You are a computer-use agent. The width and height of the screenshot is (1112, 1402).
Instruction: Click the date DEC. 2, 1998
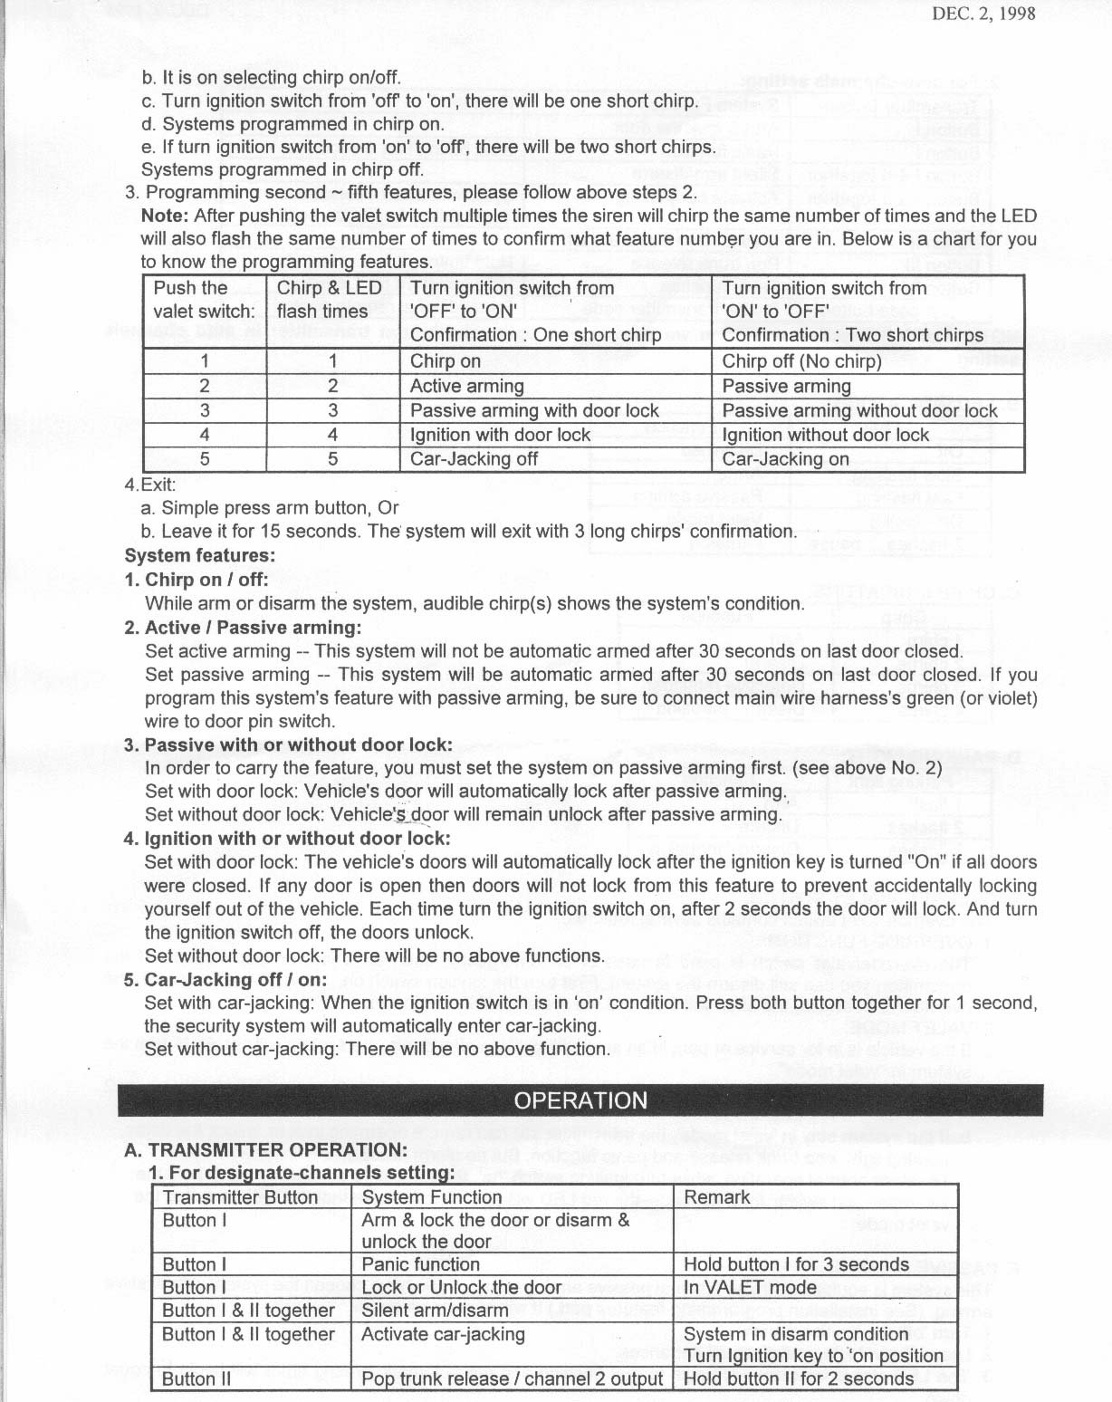click(983, 14)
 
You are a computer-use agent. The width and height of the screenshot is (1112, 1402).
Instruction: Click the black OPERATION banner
click(580, 1100)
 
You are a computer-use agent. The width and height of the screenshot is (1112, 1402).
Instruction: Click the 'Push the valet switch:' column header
click(204, 300)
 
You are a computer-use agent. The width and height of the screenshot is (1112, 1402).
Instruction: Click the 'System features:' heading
click(199, 555)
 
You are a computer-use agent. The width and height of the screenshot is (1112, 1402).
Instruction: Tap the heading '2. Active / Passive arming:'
click(242, 627)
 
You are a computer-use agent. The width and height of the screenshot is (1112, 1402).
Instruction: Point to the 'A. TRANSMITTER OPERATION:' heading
click(265, 1150)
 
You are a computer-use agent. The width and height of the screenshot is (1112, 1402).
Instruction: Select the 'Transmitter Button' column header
click(240, 1197)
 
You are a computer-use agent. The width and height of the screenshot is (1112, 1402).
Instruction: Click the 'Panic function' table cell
click(420, 1264)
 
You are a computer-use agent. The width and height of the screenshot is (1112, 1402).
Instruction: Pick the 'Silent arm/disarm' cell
click(435, 1311)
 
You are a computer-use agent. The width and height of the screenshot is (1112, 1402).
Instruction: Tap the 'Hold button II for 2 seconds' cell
click(798, 1379)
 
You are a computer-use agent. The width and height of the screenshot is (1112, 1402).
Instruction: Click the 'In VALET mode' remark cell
click(750, 1288)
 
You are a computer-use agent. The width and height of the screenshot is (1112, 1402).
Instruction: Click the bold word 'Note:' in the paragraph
click(165, 216)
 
